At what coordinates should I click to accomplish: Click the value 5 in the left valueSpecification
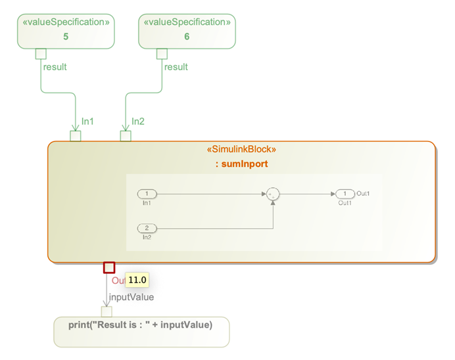click(x=66, y=37)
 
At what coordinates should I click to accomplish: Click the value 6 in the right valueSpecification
click(x=187, y=37)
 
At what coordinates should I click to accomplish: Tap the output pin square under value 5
click(x=41, y=53)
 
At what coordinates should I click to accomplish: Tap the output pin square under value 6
click(x=162, y=53)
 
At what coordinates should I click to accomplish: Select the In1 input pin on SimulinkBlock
click(x=76, y=136)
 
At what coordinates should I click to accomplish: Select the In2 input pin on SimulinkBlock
click(x=126, y=136)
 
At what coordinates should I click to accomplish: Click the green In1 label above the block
click(x=87, y=122)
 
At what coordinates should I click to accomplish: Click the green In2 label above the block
click(x=138, y=122)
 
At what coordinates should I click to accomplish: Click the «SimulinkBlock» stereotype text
click(x=241, y=150)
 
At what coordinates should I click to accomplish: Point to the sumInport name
click(x=241, y=164)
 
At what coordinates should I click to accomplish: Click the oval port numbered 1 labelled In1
click(x=147, y=194)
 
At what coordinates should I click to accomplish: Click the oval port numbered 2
click(x=147, y=228)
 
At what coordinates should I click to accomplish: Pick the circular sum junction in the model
click(x=272, y=194)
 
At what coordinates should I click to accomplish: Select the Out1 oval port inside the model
click(x=345, y=194)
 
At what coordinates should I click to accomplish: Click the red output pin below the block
click(x=109, y=267)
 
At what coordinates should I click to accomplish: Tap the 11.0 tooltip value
click(x=137, y=281)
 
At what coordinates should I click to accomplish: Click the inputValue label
click(x=132, y=297)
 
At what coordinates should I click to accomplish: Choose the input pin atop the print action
click(x=107, y=311)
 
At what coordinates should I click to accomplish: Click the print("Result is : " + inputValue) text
click(x=140, y=325)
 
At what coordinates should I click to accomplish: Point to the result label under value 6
click(x=176, y=67)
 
